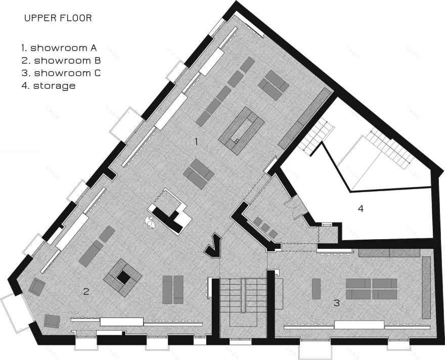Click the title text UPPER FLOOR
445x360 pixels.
58,18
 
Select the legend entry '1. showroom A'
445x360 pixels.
59,48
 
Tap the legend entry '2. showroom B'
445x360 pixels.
61,61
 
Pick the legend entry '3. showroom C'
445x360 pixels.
61,73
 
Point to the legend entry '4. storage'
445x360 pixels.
49,85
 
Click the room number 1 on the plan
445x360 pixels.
196,141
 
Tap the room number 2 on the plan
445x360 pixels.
86,291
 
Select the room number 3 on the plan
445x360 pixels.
337,303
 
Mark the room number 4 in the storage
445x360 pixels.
361,209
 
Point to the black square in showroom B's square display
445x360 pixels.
124,277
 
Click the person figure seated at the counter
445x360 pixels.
150,221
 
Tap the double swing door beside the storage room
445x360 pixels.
293,208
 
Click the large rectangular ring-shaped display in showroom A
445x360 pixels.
242,131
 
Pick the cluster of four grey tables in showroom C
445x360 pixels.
371,288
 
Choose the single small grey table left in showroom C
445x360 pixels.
317,289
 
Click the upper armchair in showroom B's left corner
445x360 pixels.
37,287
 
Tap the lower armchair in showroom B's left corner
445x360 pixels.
52,321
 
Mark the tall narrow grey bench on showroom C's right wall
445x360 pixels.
427,288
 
